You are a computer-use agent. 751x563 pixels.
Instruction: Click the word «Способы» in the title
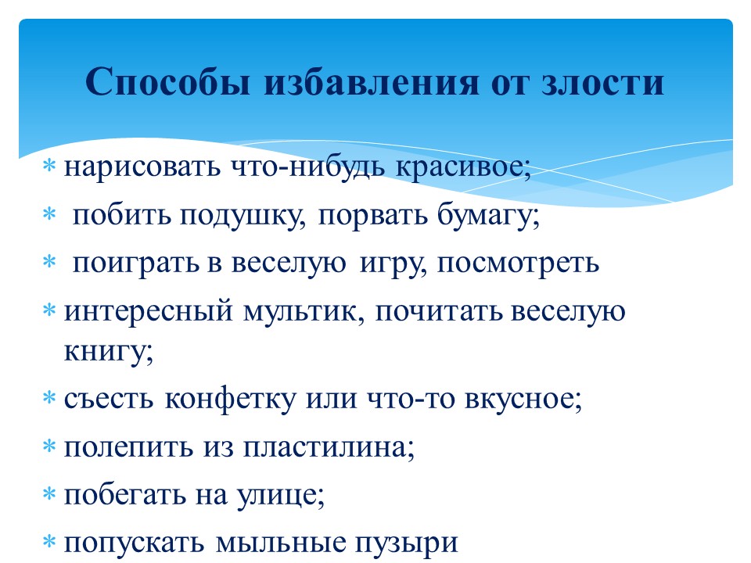[168, 82]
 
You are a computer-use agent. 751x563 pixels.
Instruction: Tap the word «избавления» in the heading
[372, 82]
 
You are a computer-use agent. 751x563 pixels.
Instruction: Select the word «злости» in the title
[603, 82]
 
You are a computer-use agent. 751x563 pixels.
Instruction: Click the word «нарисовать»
[142, 167]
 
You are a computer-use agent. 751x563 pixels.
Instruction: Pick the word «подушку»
[243, 216]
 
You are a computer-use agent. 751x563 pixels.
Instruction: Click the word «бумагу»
[488, 216]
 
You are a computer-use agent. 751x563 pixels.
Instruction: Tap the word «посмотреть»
[518, 264]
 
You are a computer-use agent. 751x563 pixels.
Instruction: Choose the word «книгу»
[109, 351]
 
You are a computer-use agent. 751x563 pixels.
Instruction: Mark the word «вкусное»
[523, 398]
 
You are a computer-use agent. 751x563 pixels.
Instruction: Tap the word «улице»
[281, 496]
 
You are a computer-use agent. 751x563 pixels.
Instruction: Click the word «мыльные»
[281, 543]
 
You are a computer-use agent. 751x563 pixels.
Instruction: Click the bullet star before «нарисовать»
[49, 166]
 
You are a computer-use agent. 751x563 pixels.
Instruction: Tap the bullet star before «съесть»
[49, 397]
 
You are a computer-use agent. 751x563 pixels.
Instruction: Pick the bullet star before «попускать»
[49, 542]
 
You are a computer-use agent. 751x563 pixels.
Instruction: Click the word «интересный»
[148, 312]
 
